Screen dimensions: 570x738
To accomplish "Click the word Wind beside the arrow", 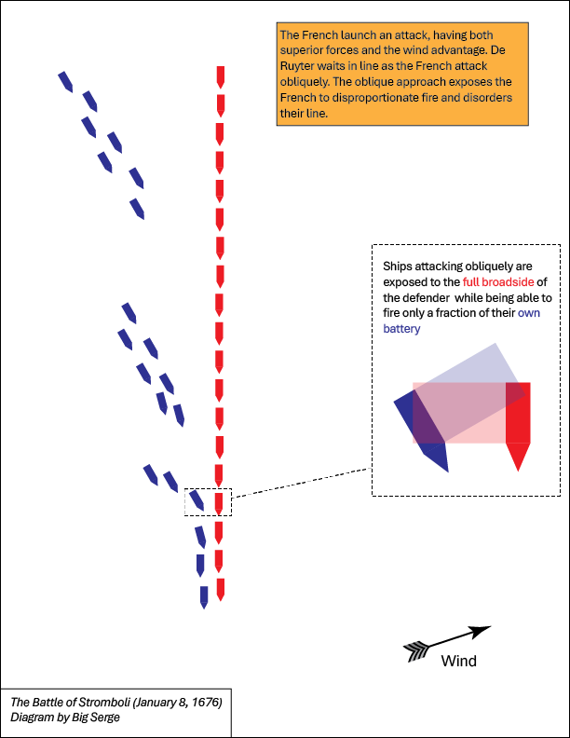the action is click(x=458, y=661).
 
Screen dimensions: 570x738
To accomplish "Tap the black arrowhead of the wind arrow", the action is click(x=482, y=632).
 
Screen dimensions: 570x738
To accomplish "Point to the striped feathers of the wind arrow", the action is click(x=416, y=652).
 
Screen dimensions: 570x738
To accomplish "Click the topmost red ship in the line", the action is click(x=220, y=77).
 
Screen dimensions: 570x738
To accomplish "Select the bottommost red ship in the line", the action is click(x=220, y=590).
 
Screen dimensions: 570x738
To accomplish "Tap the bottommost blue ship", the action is click(x=204, y=597).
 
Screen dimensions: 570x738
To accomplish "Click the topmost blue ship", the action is click(x=65, y=82).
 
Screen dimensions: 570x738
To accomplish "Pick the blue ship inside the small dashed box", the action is click(x=197, y=499).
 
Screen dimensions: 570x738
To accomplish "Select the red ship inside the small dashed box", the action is click(x=218, y=504).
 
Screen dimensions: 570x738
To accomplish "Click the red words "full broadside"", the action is click(x=498, y=282).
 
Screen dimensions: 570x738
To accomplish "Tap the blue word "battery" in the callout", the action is click(x=401, y=329).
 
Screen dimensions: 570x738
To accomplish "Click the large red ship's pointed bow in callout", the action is click(x=518, y=469).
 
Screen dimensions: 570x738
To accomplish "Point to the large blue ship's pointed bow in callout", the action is click(x=446, y=470).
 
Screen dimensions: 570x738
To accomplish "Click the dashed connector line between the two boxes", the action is click(x=302, y=483).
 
